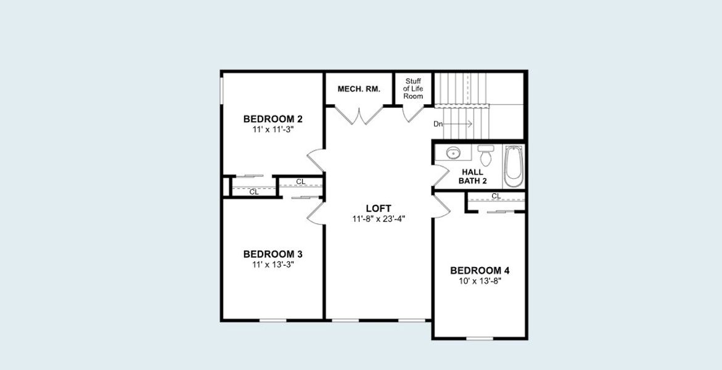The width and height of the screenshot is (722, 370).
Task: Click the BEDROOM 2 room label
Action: (x=273, y=119)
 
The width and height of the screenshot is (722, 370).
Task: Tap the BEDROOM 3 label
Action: (x=273, y=254)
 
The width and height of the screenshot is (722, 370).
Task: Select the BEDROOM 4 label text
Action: (x=480, y=271)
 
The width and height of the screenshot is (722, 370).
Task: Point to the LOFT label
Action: (x=379, y=208)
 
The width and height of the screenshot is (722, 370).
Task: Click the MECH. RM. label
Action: (x=359, y=89)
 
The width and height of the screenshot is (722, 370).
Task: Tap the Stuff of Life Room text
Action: (x=413, y=88)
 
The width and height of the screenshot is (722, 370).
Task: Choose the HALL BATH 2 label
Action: (x=472, y=176)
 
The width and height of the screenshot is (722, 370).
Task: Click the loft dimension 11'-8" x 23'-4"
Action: (x=379, y=219)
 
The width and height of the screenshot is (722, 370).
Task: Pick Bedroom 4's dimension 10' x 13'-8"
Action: (x=480, y=281)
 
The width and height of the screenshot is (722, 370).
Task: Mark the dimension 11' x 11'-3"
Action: (x=273, y=129)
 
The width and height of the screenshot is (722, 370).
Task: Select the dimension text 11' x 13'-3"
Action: (x=273, y=265)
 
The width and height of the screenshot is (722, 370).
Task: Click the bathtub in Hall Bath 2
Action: (x=513, y=165)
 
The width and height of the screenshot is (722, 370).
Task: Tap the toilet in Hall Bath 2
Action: (x=486, y=155)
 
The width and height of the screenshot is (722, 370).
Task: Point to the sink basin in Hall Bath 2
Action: (x=453, y=152)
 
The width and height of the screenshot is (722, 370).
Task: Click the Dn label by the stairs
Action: (x=438, y=124)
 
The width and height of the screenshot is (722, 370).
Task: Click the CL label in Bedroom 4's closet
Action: (x=496, y=196)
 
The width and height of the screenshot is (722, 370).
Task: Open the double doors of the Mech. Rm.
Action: (x=359, y=115)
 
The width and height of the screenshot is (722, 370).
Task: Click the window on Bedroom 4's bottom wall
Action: (x=479, y=338)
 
